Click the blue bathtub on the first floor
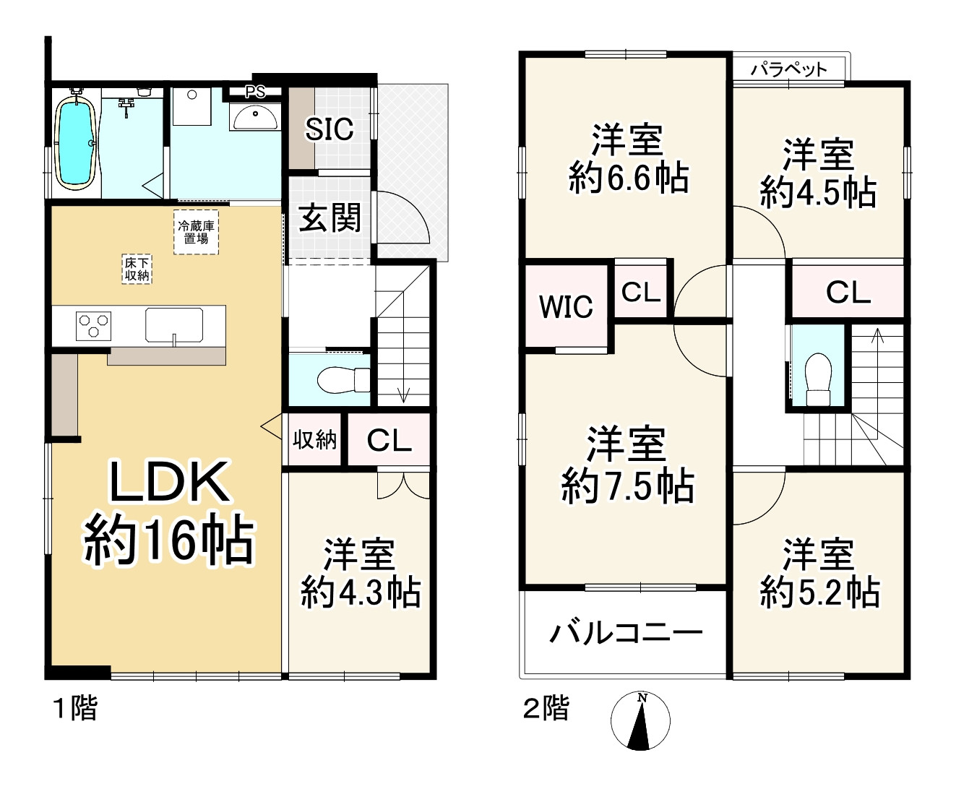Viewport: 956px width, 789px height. pos(76,144)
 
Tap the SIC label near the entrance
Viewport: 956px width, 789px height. pos(330,130)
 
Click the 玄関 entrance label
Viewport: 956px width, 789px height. pos(330,217)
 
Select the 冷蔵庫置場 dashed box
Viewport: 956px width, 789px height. pos(196,232)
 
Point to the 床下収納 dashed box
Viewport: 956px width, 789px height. pos(137,270)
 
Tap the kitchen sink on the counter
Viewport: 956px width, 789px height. pos(174,324)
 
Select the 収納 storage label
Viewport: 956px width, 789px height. pos(315,439)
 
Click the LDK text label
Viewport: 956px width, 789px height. pos(169,483)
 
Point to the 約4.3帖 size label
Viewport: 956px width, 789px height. pos(361,593)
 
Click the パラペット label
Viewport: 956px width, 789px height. pos(788,70)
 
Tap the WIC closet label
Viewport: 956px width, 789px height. pos(566,307)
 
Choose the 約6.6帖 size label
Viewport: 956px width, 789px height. pos(628,178)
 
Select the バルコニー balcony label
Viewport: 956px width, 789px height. pos(626,634)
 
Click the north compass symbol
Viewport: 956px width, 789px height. pos(640,721)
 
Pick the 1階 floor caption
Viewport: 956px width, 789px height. pos(76,708)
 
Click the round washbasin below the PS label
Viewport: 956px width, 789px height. pos(256,116)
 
